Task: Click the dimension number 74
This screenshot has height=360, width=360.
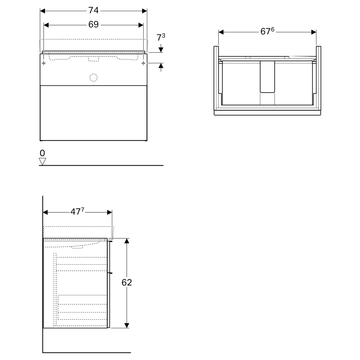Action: pos(94,10)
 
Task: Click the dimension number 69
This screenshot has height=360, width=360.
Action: pos(94,24)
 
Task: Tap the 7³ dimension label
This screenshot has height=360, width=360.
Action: pos(161,37)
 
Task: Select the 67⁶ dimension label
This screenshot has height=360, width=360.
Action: pos(267,31)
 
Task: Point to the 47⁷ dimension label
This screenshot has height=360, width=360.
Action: pos(77,211)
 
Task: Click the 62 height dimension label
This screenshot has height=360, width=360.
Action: pos(127,282)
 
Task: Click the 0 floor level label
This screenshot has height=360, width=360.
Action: pos(42,153)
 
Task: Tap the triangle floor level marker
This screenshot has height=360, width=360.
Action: pos(42,161)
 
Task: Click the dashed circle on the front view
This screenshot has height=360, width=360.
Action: pos(94,78)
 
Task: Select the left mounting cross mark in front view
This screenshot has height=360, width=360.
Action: pos(44,63)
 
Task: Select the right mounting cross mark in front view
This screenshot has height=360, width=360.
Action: pos(143,63)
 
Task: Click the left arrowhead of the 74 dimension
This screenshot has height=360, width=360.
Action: pos(42,11)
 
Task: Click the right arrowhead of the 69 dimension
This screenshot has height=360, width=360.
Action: pos(141,25)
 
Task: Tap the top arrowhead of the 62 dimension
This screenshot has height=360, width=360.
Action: pos(126,241)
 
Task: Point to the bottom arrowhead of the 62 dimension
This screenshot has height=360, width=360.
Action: pos(126,325)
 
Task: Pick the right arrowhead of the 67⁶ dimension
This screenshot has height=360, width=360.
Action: pos(314,32)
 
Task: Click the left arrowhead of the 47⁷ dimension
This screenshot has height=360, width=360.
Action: pos(45,212)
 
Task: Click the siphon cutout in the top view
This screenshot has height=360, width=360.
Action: pos(267,77)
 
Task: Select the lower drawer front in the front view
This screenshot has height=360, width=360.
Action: pos(94,113)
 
